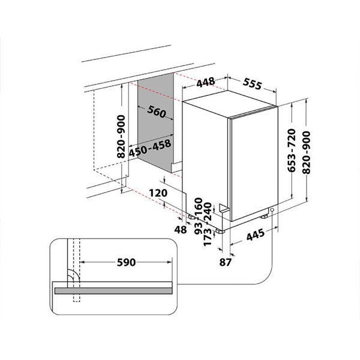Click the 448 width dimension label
(206, 82)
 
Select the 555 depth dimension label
(252, 83)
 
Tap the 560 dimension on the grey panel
(157, 112)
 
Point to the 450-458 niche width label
(149, 148)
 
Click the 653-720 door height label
(292, 151)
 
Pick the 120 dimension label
(158, 193)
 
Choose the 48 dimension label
(181, 230)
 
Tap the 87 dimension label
(226, 262)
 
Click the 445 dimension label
(256, 235)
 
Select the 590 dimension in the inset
(126, 262)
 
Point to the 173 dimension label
(208, 237)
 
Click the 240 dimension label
(208, 211)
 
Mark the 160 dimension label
(199, 206)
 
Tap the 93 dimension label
(199, 228)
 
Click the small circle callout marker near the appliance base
(272, 210)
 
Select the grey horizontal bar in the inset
(113, 290)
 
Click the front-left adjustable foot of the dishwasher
(220, 230)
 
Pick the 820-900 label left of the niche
(121, 137)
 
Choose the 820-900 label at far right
(307, 152)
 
